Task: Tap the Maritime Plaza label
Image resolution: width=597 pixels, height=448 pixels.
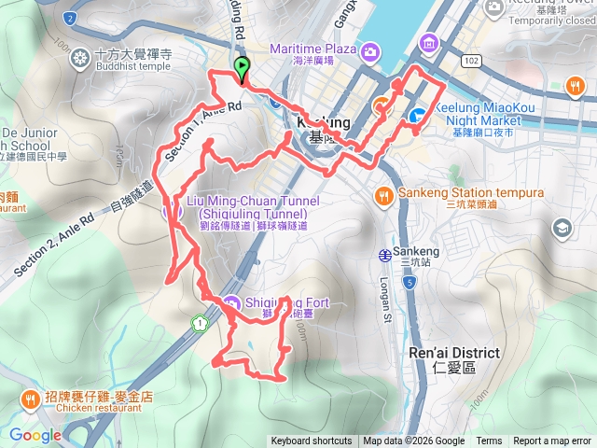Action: pyautogui.click(x=314, y=49)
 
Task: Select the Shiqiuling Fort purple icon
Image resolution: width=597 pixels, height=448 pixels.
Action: pyautogui.click(x=232, y=302)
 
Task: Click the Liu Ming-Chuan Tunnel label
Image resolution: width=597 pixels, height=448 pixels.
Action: pyautogui.click(x=254, y=207)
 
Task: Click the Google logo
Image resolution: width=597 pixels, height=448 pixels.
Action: pyautogui.click(x=35, y=435)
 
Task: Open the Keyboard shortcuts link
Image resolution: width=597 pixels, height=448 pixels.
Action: pyautogui.click(x=312, y=441)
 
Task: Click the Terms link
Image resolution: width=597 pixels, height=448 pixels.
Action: pyautogui.click(x=489, y=441)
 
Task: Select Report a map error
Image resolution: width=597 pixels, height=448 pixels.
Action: pyautogui.click(x=553, y=441)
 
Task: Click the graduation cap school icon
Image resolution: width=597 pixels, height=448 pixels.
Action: pyautogui.click(x=562, y=228)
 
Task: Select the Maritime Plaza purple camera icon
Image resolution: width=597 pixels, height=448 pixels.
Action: pyautogui.click(x=370, y=49)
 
